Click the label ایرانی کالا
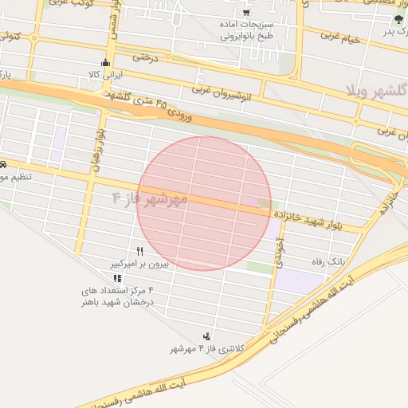click(105, 74)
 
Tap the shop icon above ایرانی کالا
click(105, 63)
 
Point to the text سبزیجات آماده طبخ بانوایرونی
click(246, 31)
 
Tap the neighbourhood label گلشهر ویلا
click(374, 87)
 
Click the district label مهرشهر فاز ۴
click(149, 198)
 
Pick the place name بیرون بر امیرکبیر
click(139, 262)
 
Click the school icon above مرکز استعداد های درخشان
click(118, 278)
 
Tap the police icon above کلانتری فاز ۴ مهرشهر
click(207, 336)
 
